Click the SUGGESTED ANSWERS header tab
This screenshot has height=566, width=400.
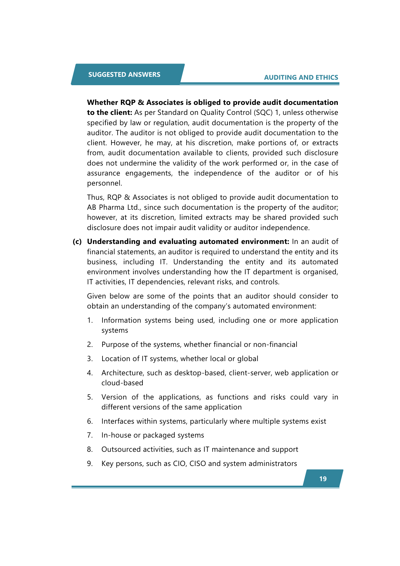pos(124,75)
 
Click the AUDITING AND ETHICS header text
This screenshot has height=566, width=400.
pos(301,77)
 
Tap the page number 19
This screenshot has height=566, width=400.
pos(323,479)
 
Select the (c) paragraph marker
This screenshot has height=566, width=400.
pos(77,242)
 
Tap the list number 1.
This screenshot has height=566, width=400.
pos(90,320)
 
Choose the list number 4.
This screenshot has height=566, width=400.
pos(90,373)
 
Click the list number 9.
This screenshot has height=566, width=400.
pos(90,464)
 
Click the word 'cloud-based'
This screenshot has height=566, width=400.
pos(122,383)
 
